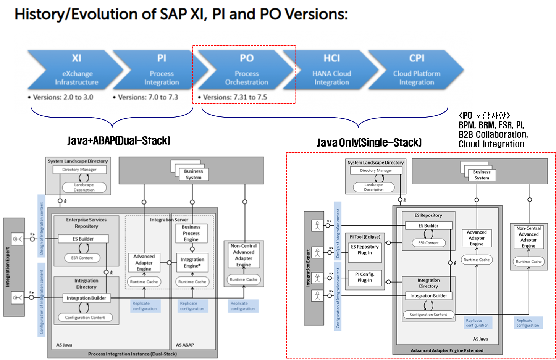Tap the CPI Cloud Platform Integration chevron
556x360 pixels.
click(x=417, y=70)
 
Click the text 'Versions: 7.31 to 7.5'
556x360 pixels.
click(x=235, y=97)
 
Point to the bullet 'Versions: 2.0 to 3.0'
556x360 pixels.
click(x=63, y=97)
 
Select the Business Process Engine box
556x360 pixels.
click(x=191, y=233)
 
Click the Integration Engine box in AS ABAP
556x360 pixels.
click(x=192, y=262)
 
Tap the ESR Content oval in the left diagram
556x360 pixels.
click(x=82, y=258)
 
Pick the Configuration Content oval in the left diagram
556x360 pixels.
click(x=85, y=317)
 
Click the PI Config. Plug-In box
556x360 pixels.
click(x=365, y=277)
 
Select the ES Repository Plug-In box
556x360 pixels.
click(x=365, y=250)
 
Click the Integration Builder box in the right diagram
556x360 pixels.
click(x=428, y=296)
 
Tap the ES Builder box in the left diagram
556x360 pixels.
click(x=83, y=239)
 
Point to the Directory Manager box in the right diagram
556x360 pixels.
click(x=376, y=170)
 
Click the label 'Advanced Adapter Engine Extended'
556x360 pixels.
click(x=447, y=350)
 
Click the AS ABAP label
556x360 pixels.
click(x=185, y=345)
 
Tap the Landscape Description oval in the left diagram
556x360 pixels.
click(x=84, y=187)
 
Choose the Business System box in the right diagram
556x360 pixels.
click(x=482, y=175)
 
